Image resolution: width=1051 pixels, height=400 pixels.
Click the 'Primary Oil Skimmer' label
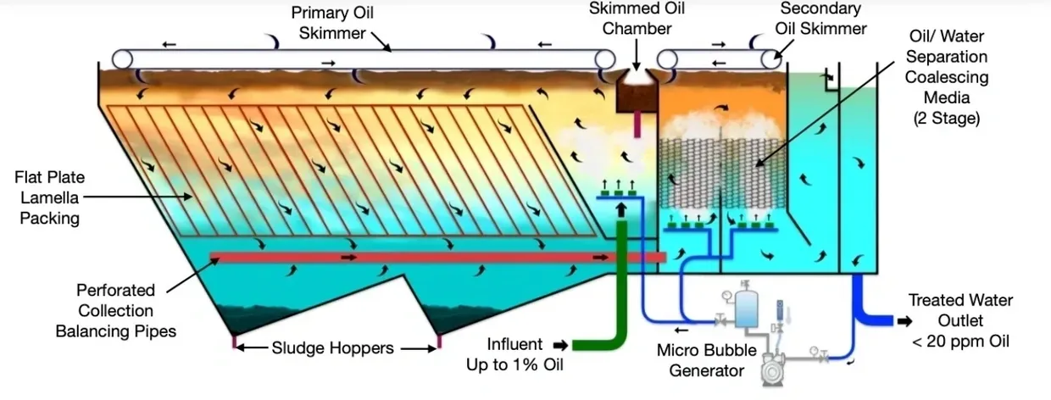point(332,24)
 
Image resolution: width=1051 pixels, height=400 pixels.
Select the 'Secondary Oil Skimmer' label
point(820,19)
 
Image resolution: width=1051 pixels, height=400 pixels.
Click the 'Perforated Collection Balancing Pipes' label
point(116,310)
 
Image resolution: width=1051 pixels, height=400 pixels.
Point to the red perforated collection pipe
point(424,256)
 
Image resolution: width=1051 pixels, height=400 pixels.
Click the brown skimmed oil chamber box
point(637,97)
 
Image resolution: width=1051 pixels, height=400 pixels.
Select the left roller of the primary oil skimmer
point(122,58)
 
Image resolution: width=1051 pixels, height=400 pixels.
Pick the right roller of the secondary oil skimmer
point(770,58)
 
